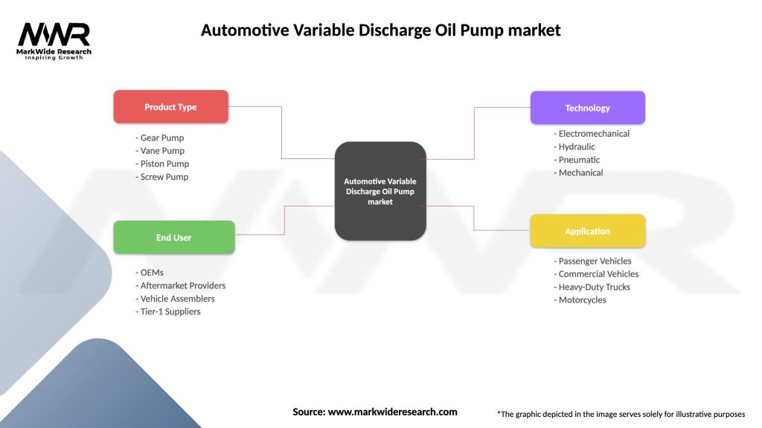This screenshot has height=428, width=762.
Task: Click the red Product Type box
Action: pos(170,107)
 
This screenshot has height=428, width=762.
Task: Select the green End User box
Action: pos(173,238)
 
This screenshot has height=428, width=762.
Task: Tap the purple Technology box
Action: pos(587,108)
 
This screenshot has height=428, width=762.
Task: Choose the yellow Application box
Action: pos(587,231)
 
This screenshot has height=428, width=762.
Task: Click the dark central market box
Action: pos(380,191)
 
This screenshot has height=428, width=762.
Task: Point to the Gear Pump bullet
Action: pos(160,137)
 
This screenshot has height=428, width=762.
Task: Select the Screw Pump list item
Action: pos(162,177)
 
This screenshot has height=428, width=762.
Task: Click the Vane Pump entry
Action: pos(160,151)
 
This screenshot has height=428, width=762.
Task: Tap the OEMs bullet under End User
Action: pos(150,273)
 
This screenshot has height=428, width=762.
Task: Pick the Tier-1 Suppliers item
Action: pos(168,312)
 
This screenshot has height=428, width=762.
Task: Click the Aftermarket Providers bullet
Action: pos(181,285)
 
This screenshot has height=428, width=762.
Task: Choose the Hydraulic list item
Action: pos(577,147)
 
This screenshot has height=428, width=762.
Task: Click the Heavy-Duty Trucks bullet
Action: pos(592,287)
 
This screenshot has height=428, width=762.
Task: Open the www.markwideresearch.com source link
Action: pos(393,412)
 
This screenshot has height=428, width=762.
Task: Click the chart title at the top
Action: pos(381,30)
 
